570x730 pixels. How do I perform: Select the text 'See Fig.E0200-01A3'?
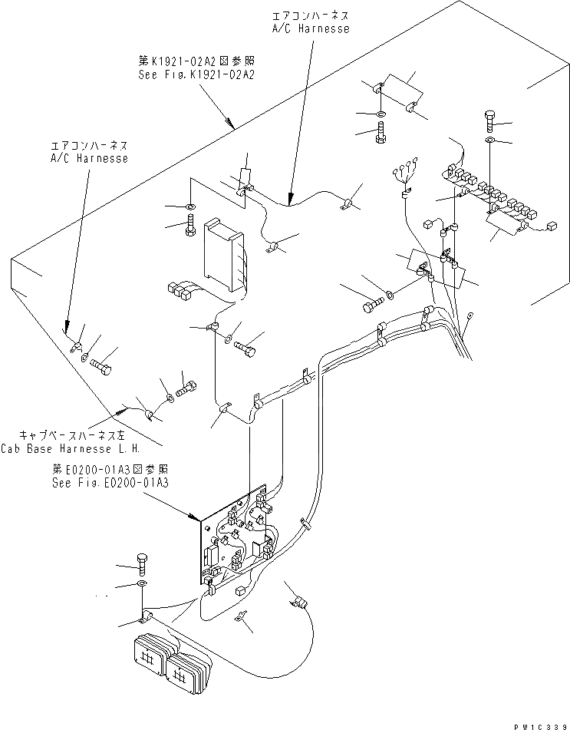point(110,483)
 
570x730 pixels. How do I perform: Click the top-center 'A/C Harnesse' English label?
point(311,28)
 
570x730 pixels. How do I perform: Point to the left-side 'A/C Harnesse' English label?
point(88,157)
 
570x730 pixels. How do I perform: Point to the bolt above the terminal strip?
point(490,120)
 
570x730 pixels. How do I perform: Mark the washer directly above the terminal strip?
point(490,140)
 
